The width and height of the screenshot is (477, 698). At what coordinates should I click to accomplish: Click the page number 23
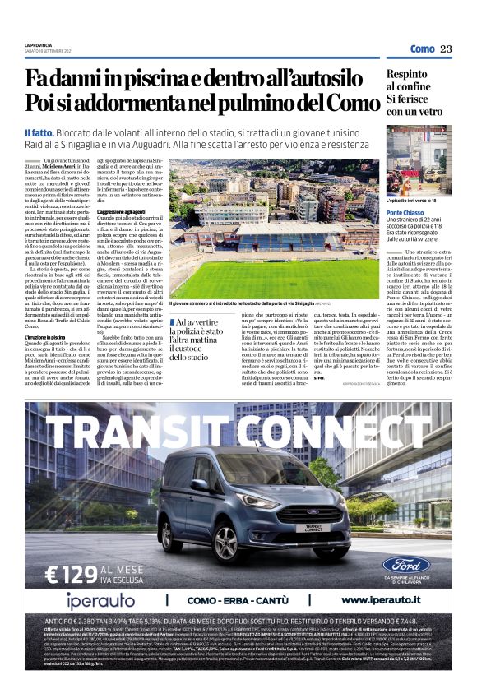446,49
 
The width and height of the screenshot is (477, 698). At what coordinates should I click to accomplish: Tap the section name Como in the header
422,49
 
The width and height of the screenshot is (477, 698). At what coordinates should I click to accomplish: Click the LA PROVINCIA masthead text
38,44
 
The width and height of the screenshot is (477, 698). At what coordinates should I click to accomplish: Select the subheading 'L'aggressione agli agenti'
125,211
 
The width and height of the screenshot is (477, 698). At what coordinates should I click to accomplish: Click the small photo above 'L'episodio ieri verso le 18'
420,164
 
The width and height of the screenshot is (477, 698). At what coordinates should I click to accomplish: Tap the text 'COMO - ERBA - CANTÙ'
231,600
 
